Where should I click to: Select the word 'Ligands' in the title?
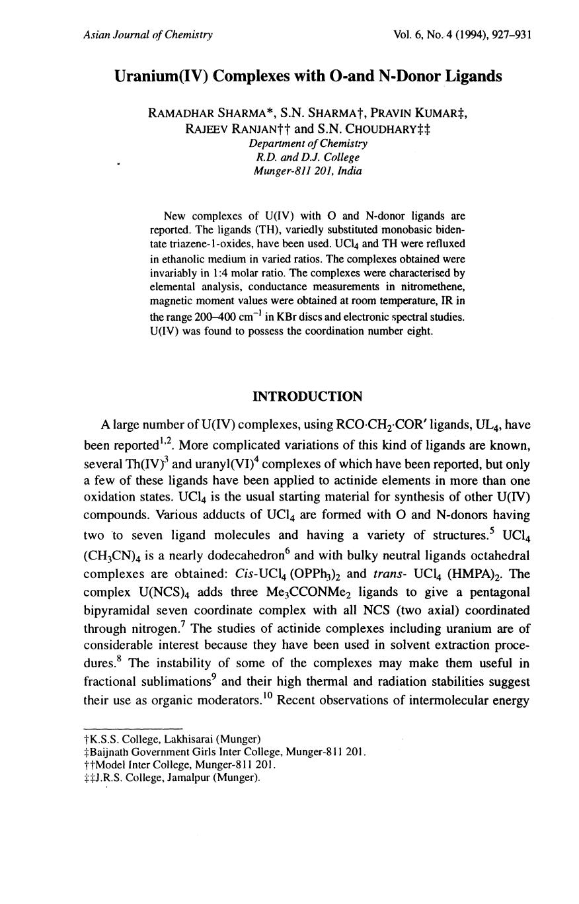474,77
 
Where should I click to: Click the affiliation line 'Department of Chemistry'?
308,144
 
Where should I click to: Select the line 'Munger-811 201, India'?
308,171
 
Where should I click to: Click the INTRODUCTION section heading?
307,397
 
